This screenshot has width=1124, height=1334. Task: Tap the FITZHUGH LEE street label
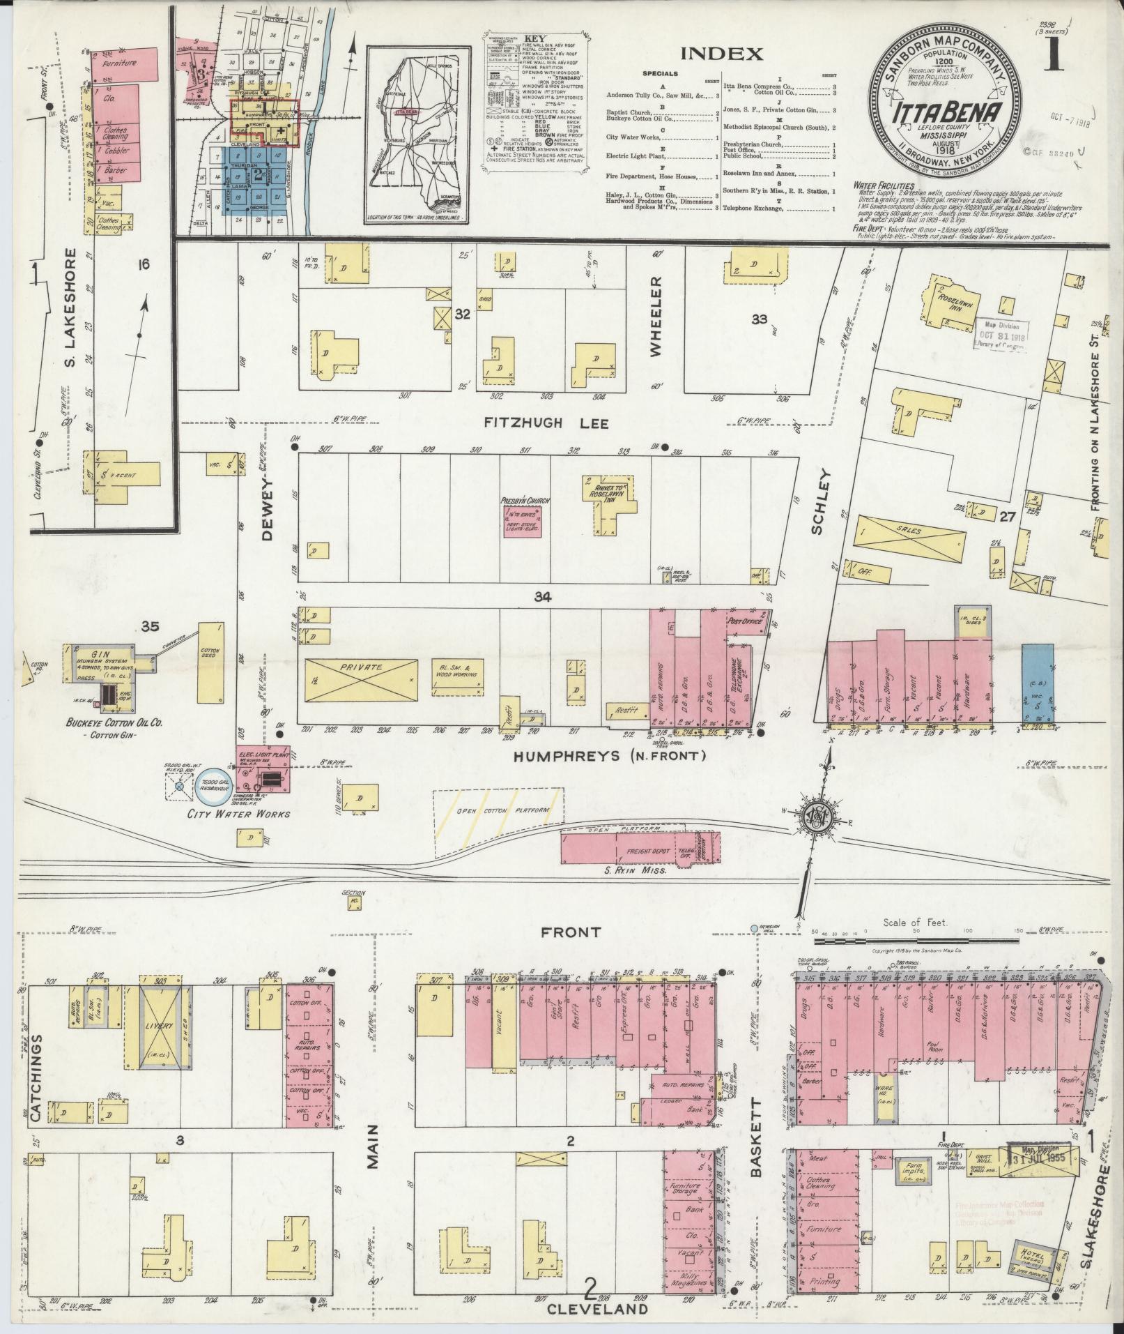tap(546, 423)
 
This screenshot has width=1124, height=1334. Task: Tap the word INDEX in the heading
tap(721, 54)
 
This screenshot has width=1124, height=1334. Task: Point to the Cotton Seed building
tap(210, 662)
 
